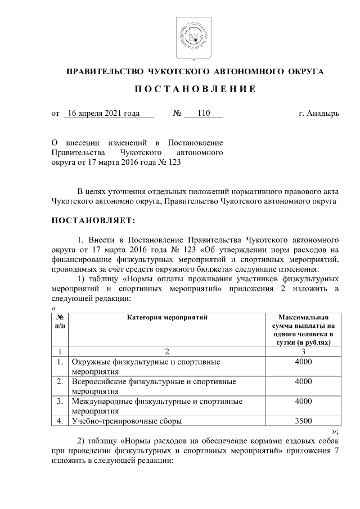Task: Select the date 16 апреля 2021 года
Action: pyautogui.click(x=102, y=114)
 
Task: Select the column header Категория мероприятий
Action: pyautogui.click(x=167, y=318)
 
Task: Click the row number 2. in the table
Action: pyautogui.click(x=60, y=382)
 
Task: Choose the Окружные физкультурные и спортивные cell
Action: pyautogui.click(x=145, y=362)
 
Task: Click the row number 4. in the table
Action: pyautogui.click(x=60, y=420)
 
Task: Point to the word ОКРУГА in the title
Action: pyautogui.click(x=304, y=71)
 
